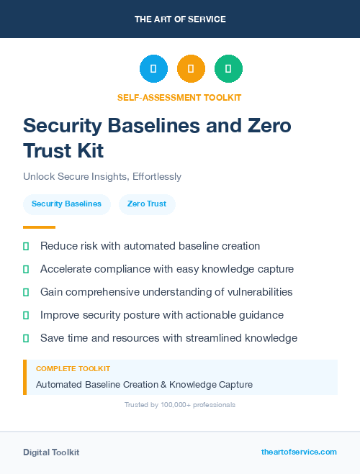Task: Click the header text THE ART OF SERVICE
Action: [x=180, y=19]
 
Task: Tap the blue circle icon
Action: [x=153, y=69]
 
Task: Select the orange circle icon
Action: [x=191, y=69]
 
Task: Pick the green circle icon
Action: [x=228, y=69]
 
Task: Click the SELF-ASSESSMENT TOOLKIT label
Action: [x=180, y=97]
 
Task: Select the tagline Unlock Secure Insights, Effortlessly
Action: [x=102, y=176]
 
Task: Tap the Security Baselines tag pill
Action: [x=66, y=204]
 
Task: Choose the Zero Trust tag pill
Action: [x=147, y=204]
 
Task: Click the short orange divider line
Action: [x=39, y=227]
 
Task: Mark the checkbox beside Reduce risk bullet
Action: [x=26, y=246]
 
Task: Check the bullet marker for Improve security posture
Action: [x=26, y=315]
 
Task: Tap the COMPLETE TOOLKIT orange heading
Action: [x=73, y=368]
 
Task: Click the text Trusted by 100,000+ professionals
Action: [x=180, y=405]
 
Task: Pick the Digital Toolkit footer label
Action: [x=51, y=452]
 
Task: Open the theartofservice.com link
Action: [x=299, y=452]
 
